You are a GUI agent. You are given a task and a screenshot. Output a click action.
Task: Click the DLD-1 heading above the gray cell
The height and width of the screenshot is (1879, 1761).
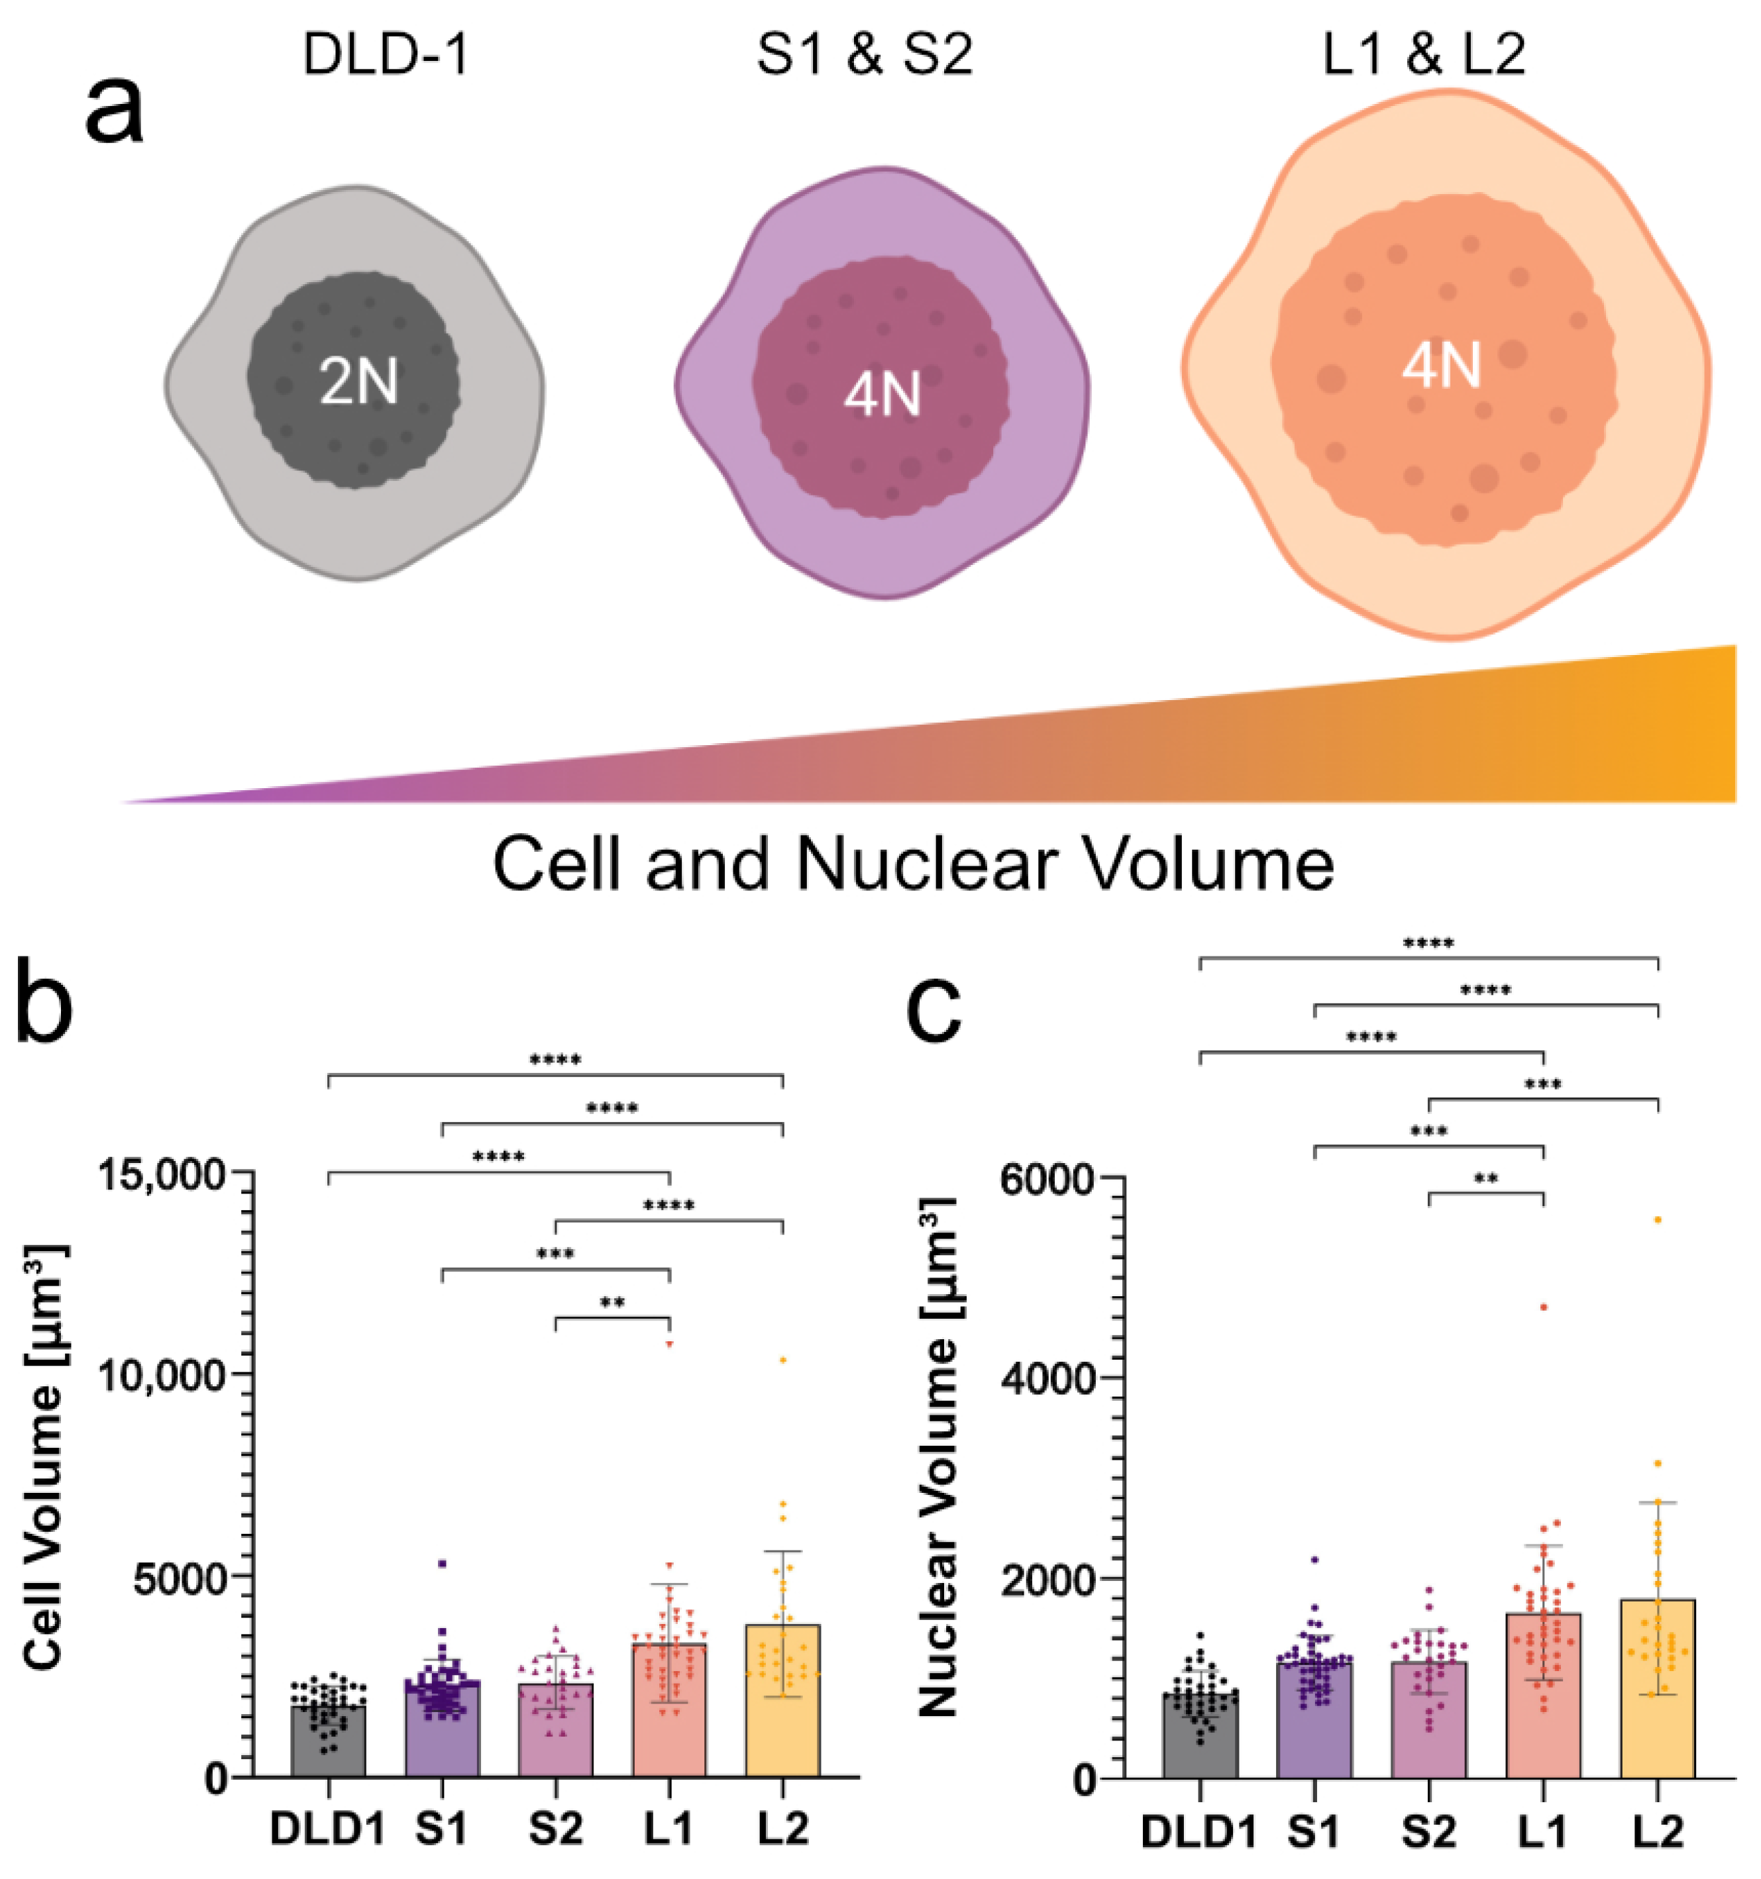[386, 56]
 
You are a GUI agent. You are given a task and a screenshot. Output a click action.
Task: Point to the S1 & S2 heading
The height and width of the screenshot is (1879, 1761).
[864, 56]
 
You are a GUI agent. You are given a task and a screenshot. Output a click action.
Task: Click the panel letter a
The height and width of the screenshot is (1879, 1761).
[115, 111]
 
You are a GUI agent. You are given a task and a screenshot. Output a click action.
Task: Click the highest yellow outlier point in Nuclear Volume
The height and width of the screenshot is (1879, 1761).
[1657, 1220]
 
